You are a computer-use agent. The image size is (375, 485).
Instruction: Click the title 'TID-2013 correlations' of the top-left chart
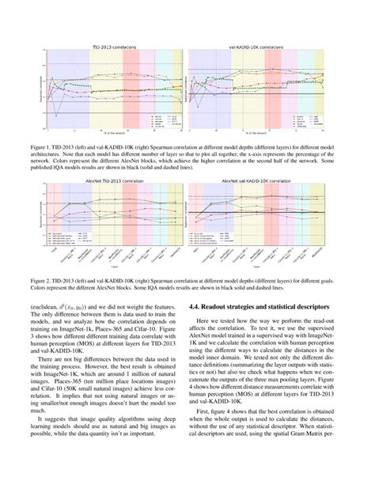(x=117, y=48)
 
